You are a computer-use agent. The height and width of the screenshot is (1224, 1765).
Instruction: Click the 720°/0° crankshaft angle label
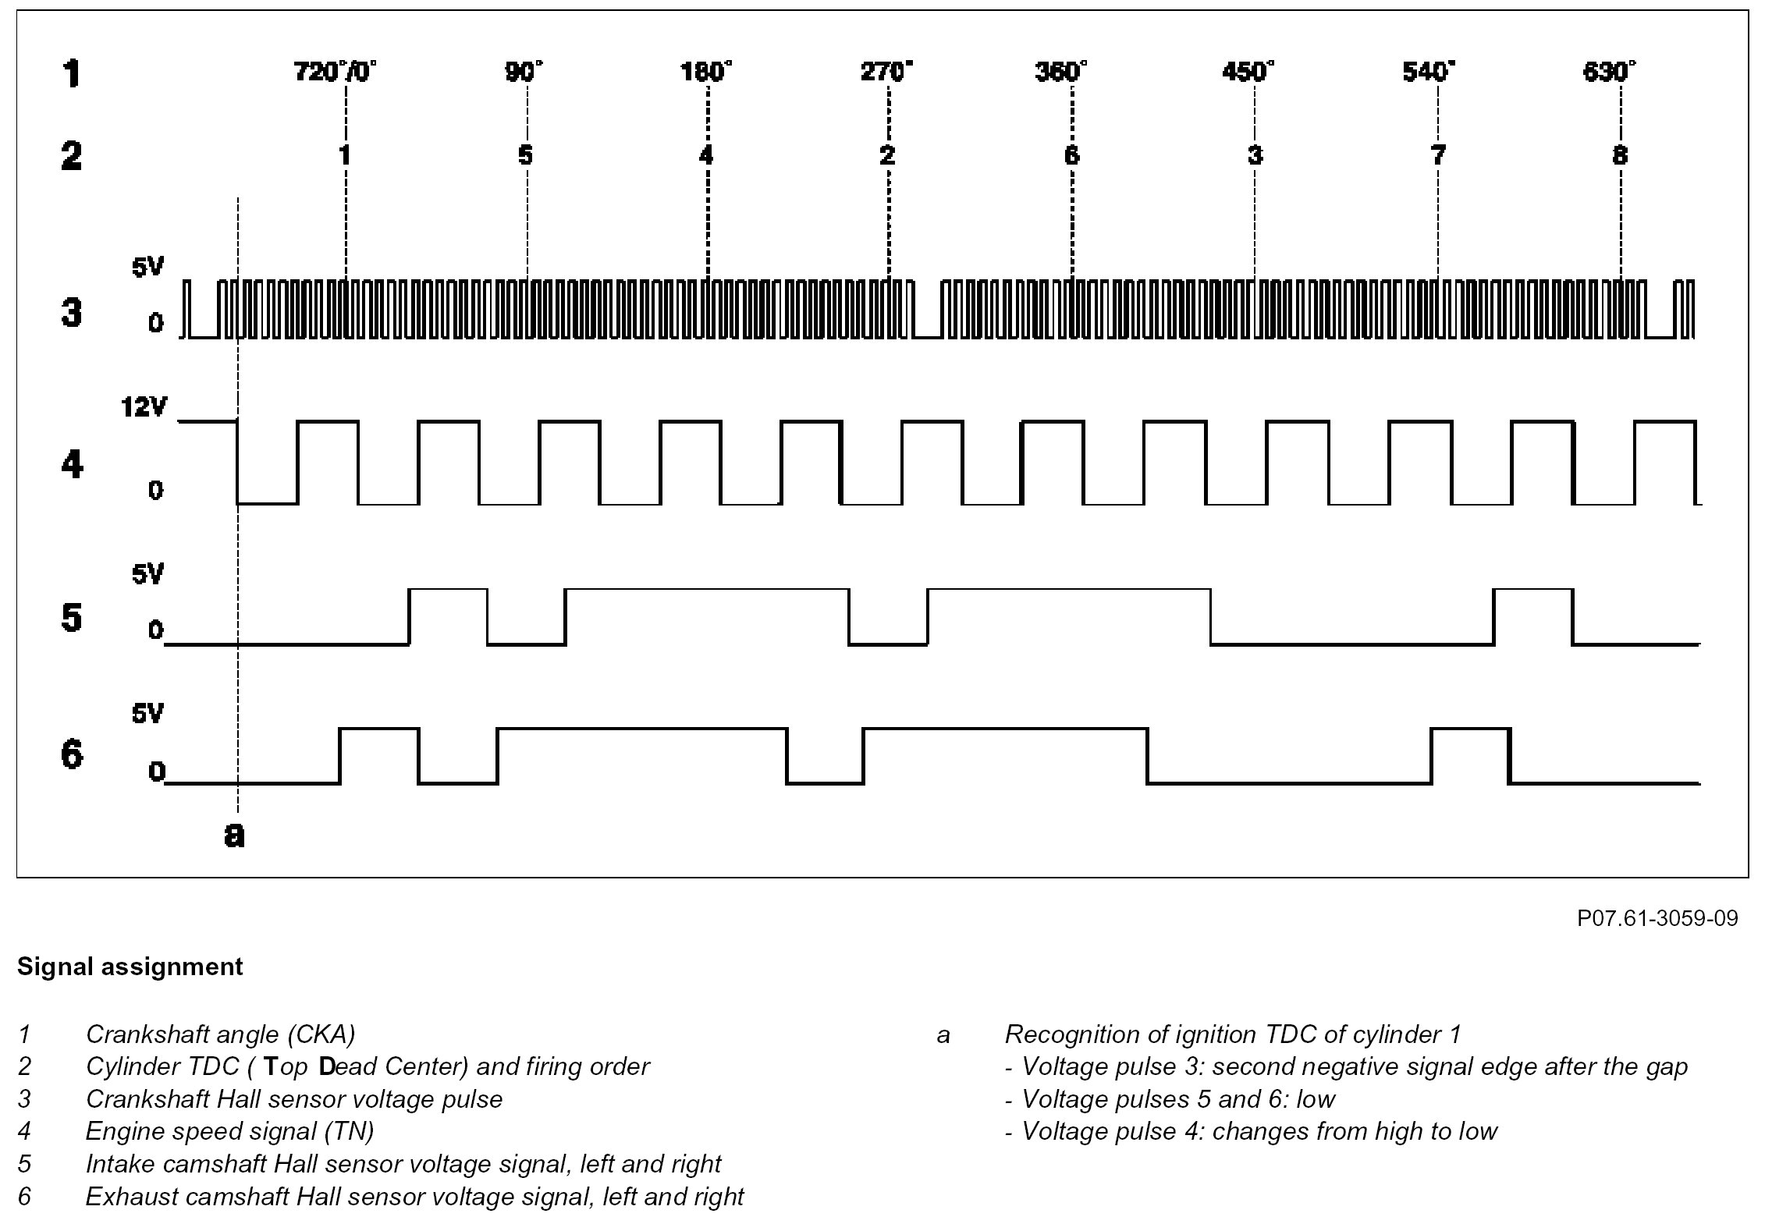click(335, 72)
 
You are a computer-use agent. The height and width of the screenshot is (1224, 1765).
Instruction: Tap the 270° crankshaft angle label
click(886, 72)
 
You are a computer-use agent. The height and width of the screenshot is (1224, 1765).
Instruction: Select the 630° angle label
click(1609, 72)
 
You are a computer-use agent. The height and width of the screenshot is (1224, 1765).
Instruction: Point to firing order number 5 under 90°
click(526, 155)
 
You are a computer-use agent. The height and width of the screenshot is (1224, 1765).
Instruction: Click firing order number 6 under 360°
click(1071, 155)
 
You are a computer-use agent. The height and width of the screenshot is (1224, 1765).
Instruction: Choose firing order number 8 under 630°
click(1620, 155)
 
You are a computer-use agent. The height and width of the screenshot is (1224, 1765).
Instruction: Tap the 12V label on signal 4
click(144, 406)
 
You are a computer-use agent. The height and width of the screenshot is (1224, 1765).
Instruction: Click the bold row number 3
click(71, 313)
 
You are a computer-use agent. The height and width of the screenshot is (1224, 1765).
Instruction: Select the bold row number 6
click(71, 754)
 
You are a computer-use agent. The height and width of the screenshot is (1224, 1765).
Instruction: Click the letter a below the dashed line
click(234, 835)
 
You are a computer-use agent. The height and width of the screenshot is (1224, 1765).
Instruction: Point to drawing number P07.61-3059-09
click(1657, 918)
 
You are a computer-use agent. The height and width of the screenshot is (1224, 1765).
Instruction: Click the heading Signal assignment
click(130, 967)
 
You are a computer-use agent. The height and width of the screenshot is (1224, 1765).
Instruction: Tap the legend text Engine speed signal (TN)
click(229, 1130)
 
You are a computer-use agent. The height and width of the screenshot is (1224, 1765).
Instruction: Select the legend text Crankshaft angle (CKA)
click(220, 1034)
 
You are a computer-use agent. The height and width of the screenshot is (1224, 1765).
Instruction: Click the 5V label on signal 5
click(147, 575)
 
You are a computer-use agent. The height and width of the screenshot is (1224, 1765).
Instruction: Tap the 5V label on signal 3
click(147, 268)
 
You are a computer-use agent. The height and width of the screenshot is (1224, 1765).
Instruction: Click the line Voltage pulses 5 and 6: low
click(1170, 1098)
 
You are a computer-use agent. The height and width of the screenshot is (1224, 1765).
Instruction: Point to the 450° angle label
click(1248, 72)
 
